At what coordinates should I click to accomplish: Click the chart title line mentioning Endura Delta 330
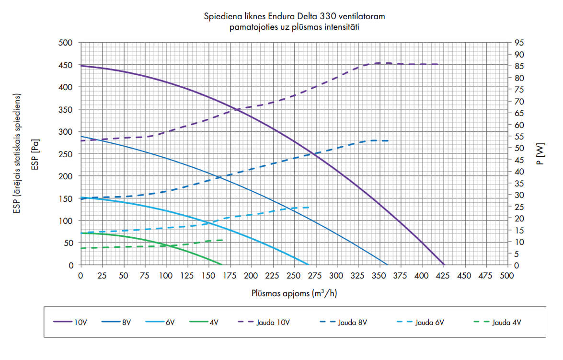(295, 17)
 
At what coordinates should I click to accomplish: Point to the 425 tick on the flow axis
(443, 276)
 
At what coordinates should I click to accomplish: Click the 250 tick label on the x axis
(294, 276)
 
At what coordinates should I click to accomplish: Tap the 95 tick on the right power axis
(519, 43)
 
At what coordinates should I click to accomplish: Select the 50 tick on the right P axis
(519, 148)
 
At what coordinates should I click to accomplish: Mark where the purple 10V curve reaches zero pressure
(444, 265)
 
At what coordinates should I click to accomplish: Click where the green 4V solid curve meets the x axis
(222, 265)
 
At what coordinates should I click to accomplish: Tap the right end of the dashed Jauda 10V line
(438, 64)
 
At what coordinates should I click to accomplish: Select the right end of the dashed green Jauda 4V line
(223, 240)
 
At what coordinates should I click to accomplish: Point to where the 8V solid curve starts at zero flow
(81, 137)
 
